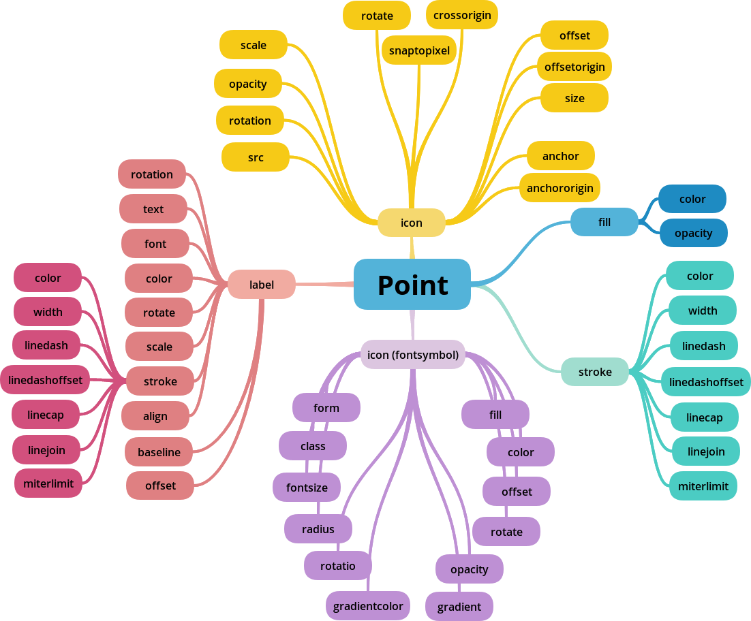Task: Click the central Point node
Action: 412,284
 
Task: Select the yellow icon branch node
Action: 411,223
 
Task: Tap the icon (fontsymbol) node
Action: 412,354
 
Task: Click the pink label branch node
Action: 262,285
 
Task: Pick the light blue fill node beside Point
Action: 604,222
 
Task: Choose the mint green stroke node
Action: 595,372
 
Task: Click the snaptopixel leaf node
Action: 419,50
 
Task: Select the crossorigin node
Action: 462,15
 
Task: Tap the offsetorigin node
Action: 574,67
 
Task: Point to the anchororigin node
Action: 560,188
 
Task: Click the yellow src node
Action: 256,157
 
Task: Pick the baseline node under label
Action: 159,452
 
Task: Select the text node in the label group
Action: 153,209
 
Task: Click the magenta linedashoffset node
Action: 45,380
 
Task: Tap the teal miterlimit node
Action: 703,486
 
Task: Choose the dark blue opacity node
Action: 693,233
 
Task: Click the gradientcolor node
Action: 368,606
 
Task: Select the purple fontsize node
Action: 307,488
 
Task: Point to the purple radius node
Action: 318,529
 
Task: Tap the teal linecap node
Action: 704,417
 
